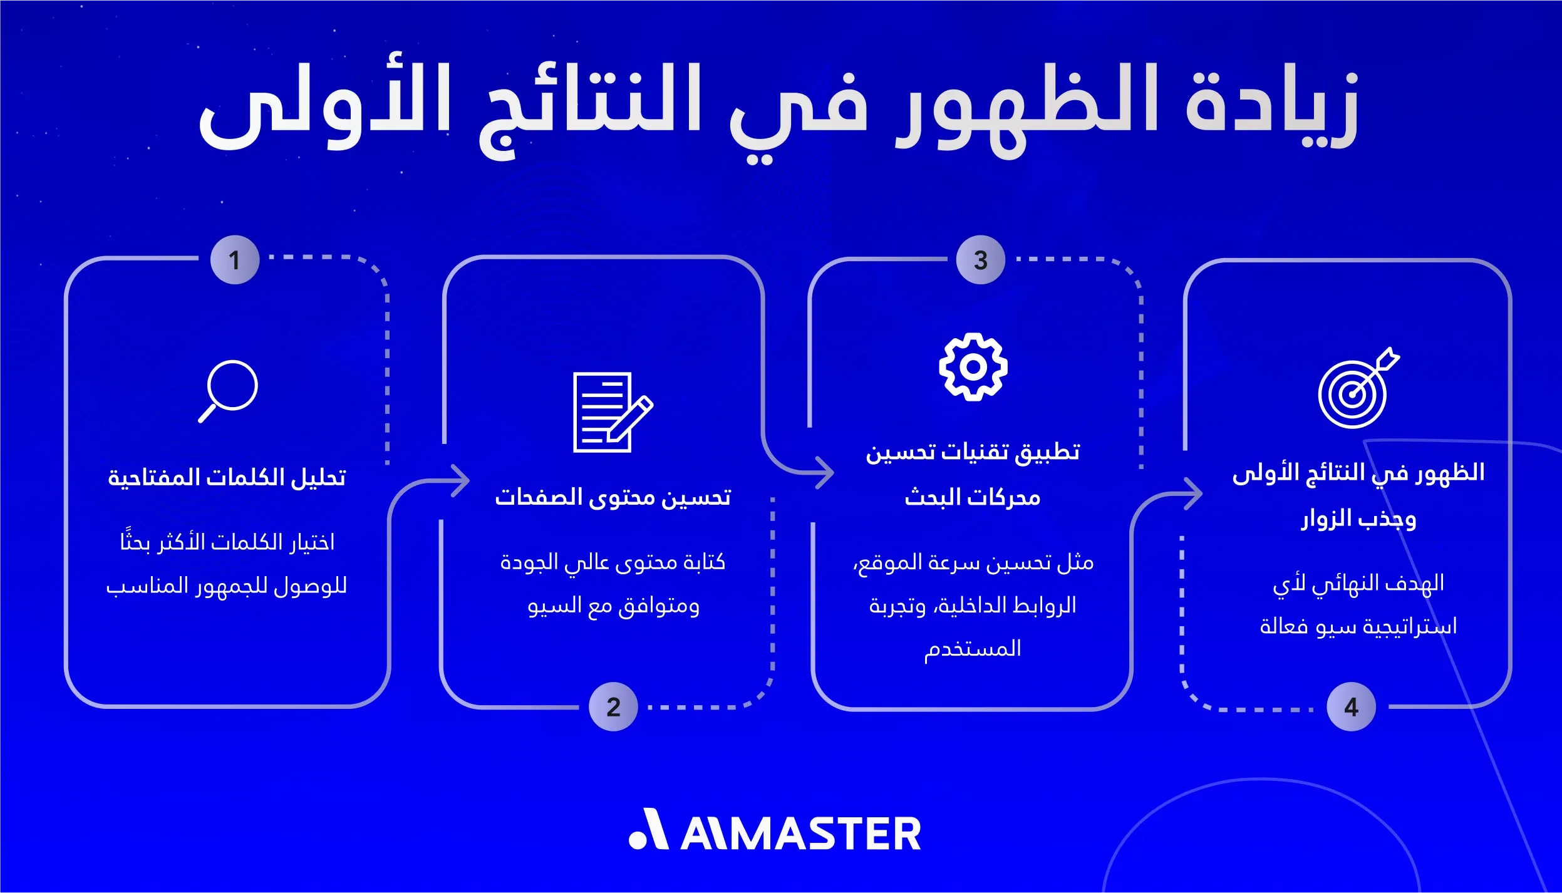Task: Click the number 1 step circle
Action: coord(235,260)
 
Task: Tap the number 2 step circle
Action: coord(613,707)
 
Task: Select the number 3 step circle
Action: coord(981,260)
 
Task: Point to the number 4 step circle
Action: coord(1351,707)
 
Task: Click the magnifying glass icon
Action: coord(228,391)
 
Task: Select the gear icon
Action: coord(973,367)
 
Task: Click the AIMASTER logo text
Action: coord(775,830)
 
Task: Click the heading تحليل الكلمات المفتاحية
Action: coord(227,478)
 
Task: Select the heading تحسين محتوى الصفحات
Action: coord(613,497)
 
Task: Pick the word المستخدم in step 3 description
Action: coord(973,649)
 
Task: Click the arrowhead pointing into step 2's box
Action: coord(461,481)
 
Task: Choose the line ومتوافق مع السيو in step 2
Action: coord(613,606)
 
